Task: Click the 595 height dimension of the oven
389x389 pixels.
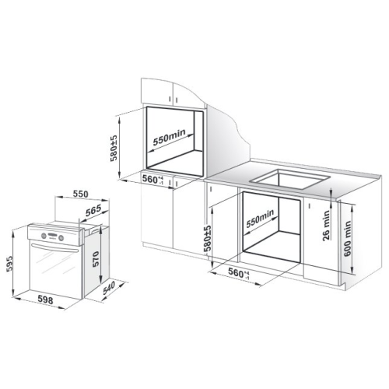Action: point(9,264)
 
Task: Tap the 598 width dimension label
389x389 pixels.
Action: point(45,300)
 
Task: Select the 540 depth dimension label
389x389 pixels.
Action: point(109,288)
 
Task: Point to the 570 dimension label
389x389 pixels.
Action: point(96,259)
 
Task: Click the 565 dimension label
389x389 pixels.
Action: point(93,210)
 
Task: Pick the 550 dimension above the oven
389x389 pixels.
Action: point(80,194)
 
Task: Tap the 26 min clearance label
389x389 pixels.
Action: point(326,226)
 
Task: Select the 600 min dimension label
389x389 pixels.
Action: point(348,238)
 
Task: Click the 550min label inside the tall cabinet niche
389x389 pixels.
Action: point(169,137)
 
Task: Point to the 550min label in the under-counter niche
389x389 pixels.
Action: point(260,219)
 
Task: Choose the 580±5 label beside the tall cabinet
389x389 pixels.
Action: point(114,149)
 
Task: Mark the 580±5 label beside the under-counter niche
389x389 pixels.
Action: point(208,238)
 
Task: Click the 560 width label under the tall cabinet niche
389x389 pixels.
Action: point(152,179)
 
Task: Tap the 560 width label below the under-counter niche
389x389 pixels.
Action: point(239,272)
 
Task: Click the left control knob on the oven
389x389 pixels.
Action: point(44,236)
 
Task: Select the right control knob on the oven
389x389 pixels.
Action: point(61,238)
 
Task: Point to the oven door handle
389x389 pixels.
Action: point(54,247)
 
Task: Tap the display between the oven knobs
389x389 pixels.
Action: point(52,237)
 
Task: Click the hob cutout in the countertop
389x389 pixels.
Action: point(289,179)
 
